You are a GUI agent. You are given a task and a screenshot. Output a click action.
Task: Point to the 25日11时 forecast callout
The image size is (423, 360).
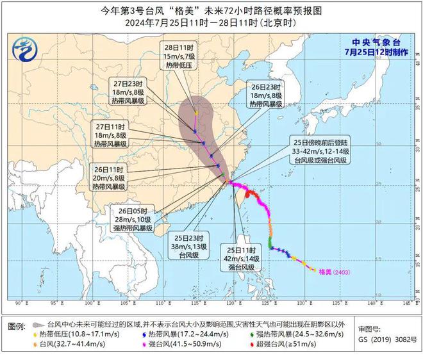(x=240, y=258)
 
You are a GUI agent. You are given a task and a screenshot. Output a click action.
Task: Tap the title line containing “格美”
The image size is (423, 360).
(x=211, y=11)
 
